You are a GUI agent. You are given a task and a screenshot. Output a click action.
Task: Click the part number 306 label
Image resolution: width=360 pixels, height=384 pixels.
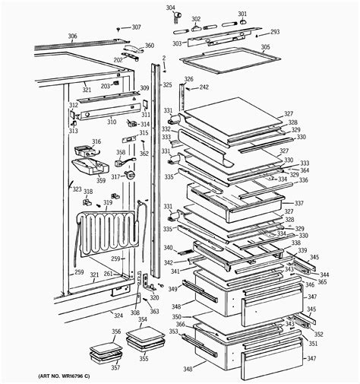click(x=72, y=36)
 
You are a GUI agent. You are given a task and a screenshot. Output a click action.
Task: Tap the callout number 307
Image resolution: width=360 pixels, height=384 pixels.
click(x=136, y=27)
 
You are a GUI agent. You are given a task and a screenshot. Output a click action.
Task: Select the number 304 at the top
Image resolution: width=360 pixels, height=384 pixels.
click(x=170, y=8)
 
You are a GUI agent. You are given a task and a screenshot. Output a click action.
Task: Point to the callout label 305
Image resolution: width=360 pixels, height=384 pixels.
click(x=265, y=47)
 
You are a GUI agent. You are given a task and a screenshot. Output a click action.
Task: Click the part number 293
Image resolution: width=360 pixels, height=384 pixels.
click(x=275, y=32)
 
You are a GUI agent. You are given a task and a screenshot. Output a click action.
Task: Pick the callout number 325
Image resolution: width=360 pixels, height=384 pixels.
click(x=167, y=85)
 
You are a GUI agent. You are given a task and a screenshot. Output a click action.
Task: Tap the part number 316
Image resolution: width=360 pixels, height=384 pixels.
click(x=96, y=141)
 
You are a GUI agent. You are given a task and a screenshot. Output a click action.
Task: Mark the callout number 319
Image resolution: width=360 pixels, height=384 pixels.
click(x=108, y=203)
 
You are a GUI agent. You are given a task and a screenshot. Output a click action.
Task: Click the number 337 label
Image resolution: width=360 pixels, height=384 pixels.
click(x=298, y=204)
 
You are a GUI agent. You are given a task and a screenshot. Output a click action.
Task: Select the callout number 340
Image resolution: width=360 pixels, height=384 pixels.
click(x=167, y=247)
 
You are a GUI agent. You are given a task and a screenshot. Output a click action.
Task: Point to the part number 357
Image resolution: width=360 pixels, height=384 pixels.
click(x=115, y=367)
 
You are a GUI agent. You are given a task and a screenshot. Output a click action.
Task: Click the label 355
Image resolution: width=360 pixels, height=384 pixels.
click(x=144, y=358)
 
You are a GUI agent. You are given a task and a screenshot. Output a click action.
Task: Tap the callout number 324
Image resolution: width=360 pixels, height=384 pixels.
click(x=118, y=315)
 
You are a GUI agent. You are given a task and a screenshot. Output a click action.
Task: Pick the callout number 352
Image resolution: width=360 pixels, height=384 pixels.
click(x=318, y=334)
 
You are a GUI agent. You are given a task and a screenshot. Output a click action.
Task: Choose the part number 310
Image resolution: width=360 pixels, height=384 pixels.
click(x=111, y=122)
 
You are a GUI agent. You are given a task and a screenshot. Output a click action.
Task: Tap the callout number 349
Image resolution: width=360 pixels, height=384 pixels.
click(x=172, y=289)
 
